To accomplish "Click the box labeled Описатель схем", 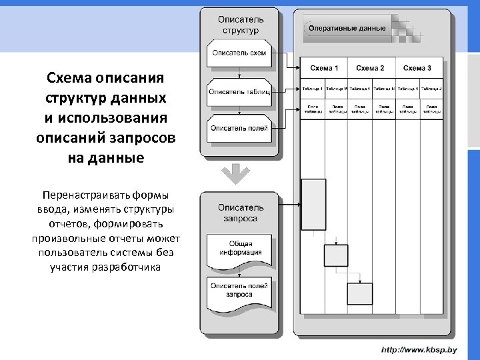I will coord(239,53).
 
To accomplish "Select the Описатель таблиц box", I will coord(239,91).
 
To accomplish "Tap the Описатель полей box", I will coord(239,128).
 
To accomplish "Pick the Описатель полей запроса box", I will coord(239,291).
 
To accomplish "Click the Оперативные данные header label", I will coord(347,29).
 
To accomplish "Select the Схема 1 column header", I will coord(325,68).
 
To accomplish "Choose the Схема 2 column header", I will coord(370,68).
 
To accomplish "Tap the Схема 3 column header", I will coord(418,68).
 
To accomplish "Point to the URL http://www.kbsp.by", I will coord(419,349).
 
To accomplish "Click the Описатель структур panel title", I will coord(241,25).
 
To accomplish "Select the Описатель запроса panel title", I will coord(241,213).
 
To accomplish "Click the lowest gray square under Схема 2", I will coord(360,293).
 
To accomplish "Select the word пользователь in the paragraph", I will coord(68,253).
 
